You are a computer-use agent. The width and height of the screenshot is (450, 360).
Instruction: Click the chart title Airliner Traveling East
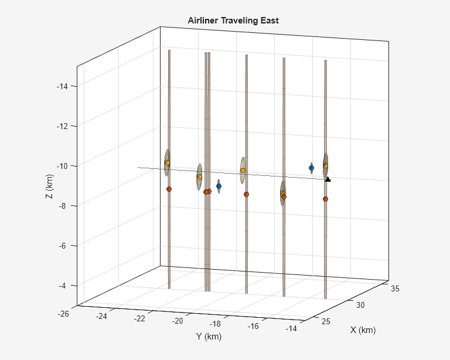[x=233, y=21]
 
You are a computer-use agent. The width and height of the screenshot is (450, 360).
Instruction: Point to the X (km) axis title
[x=363, y=330]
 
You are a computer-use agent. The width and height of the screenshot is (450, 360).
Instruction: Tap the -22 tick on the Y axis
[x=139, y=318]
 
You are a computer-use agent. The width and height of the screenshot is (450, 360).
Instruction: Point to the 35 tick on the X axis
[x=395, y=288]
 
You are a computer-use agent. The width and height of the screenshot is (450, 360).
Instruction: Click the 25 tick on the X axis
[x=327, y=321]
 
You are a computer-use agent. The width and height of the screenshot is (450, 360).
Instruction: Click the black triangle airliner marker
[x=328, y=179]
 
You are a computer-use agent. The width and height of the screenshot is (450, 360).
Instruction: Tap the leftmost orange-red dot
[x=169, y=189]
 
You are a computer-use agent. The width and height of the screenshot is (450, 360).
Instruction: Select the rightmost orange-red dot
[x=325, y=199]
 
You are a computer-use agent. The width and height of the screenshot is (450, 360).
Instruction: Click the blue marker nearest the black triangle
[x=311, y=168]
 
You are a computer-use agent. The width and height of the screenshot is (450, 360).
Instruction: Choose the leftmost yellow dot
[x=167, y=162]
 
